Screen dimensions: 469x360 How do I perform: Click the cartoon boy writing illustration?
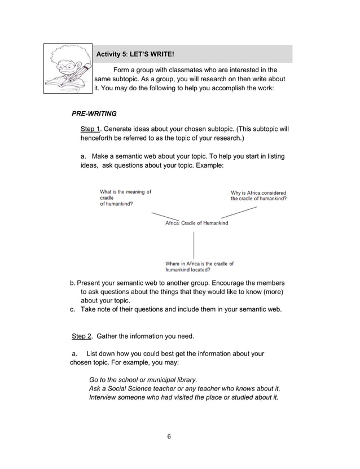(68, 70)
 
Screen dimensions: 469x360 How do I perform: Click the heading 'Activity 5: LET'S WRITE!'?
(135, 55)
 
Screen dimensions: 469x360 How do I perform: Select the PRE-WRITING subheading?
(94, 113)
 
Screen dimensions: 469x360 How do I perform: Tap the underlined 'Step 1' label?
(90, 129)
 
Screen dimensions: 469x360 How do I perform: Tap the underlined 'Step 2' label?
(82, 336)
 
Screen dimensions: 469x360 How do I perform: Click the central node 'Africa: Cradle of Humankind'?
(196, 223)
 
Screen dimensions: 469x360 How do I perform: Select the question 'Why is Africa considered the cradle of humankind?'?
(258, 196)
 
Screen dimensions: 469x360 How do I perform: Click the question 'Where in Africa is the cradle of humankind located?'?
(199, 266)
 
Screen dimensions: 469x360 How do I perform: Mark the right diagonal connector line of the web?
(239, 212)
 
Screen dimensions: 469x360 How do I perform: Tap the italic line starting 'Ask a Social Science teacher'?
(185, 389)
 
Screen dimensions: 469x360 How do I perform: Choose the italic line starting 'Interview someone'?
(184, 398)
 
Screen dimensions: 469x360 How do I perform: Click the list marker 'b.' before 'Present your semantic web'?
(72, 283)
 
